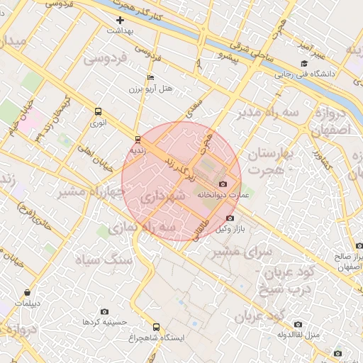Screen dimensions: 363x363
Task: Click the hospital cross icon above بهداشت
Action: click(x=120, y=21)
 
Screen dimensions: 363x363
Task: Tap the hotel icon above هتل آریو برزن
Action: click(x=150, y=77)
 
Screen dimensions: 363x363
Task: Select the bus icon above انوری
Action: click(x=98, y=111)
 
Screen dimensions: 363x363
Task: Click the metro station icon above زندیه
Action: click(x=138, y=139)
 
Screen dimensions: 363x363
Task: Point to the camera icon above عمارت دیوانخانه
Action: click(x=223, y=184)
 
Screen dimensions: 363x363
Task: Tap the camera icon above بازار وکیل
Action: click(x=229, y=218)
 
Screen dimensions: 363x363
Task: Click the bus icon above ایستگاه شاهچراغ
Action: click(x=157, y=328)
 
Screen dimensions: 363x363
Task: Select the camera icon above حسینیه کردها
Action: click(x=105, y=311)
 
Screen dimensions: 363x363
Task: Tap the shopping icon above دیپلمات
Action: click(x=27, y=292)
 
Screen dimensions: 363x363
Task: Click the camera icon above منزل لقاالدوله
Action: click(x=298, y=324)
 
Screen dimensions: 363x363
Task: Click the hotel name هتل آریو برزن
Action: click(x=150, y=89)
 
